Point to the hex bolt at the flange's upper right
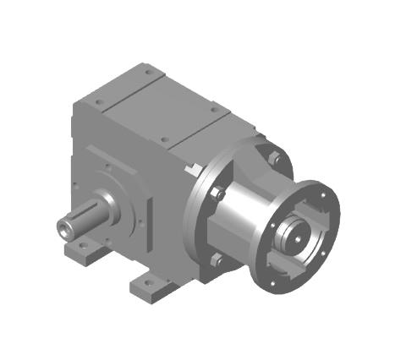(x=274, y=157)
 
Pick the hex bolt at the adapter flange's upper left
(x=217, y=194)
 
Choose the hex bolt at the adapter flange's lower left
(x=218, y=259)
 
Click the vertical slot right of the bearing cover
(x=149, y=221)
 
